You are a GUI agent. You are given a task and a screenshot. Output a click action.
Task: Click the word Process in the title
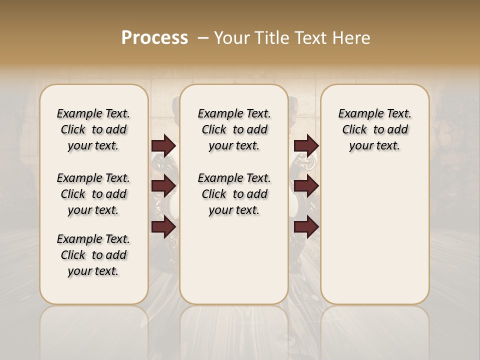pos(154,37)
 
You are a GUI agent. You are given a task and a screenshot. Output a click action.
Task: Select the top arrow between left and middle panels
pos(163,145)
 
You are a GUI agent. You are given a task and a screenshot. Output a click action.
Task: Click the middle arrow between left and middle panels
pos(163,186)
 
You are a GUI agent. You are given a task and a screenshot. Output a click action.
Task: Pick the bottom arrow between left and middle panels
pos(163,227)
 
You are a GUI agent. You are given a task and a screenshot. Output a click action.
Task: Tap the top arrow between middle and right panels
pos(306,145)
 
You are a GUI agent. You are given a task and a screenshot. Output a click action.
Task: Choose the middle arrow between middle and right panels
pos(306,186)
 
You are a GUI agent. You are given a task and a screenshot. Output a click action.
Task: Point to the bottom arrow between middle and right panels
pos(306,227)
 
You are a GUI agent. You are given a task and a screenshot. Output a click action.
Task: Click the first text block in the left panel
pos(93,129)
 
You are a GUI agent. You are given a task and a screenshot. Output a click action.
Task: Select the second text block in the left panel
pos(93,194)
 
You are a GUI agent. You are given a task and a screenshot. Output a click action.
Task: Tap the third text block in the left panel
pos(93,255)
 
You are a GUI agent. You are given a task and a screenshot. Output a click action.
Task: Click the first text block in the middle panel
pos(234,129)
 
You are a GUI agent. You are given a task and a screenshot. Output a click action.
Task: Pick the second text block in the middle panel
pos(234,194)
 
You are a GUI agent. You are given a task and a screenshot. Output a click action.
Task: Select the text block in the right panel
pos(374,129)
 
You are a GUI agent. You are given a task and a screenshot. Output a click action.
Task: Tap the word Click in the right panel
pos(354,130)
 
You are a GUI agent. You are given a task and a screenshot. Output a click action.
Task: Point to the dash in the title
pos(203,37)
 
